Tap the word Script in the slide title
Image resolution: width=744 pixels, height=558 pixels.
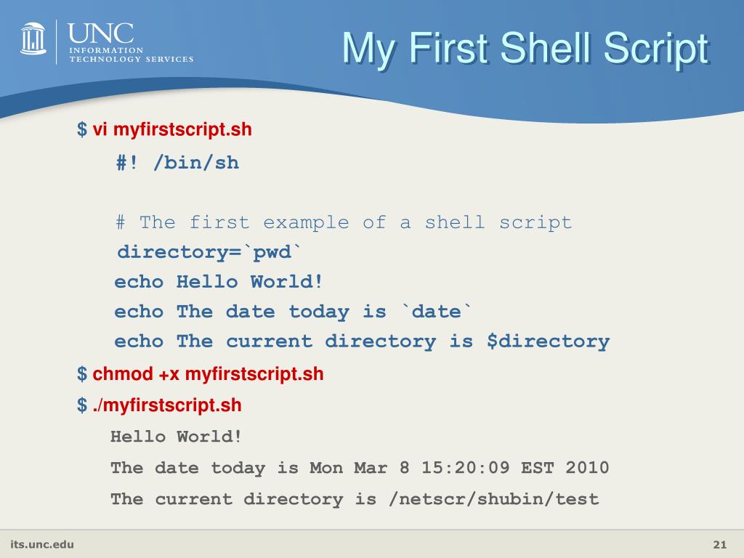[x=655, y=49]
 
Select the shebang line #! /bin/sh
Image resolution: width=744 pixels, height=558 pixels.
[x=177, y=162]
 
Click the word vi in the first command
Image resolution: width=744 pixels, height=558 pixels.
[x=100, y=130]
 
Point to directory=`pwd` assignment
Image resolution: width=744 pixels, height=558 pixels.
[x=209, y=252]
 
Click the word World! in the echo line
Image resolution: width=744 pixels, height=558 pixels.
[x=286, y=282]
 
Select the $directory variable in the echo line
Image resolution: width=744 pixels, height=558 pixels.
[x=548, y=341]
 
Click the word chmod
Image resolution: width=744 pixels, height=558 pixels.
[x=123, y=374]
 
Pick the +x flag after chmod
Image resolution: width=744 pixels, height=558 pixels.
[x=169, y=374]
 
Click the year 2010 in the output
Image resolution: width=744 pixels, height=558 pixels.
[x=587, y=468]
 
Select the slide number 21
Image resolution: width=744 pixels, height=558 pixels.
[x=720, y=545]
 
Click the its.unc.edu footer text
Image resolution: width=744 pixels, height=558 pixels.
[x=42, y=544]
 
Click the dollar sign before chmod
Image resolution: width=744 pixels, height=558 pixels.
[x=81, y=374]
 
